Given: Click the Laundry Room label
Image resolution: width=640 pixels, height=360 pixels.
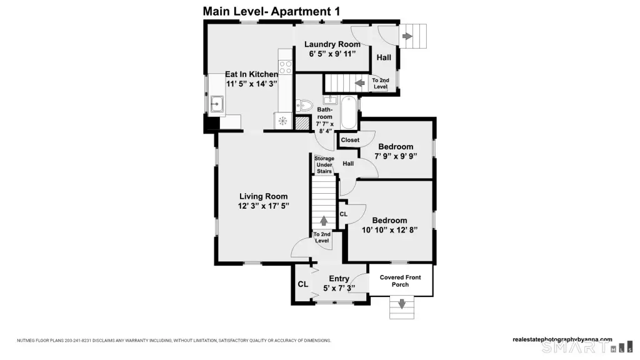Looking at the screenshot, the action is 332,44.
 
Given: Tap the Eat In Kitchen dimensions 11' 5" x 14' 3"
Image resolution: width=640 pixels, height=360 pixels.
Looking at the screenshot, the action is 252,84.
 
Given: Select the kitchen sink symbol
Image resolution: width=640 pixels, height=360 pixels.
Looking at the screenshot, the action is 217,104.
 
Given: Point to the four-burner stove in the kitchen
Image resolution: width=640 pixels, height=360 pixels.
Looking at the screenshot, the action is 286,67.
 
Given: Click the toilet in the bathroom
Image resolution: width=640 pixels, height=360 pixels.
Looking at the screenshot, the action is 304,105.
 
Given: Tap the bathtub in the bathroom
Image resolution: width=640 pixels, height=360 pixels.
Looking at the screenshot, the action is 349,112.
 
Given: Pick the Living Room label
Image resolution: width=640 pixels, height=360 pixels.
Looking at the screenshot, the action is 263,196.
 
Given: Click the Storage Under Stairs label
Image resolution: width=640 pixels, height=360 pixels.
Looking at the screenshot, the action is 324,165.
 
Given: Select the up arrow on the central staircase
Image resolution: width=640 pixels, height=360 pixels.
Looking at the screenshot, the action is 324,221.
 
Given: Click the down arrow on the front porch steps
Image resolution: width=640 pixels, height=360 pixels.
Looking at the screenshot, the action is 402,304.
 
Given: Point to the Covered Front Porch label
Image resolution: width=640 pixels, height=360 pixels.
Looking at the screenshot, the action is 401,281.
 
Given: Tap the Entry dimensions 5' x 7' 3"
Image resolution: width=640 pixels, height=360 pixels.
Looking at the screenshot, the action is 339,288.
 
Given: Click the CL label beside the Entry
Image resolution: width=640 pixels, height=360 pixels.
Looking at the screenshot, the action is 303,284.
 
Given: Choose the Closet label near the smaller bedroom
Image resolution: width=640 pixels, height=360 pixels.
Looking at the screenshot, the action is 350,140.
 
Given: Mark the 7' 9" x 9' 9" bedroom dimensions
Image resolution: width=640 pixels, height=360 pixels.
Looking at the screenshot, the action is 396,156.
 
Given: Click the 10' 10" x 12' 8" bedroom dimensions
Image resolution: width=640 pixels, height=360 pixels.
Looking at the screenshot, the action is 390,230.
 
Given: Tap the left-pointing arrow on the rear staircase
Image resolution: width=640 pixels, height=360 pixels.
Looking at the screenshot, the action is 359,83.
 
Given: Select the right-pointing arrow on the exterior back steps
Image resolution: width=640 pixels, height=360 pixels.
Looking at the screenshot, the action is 407,36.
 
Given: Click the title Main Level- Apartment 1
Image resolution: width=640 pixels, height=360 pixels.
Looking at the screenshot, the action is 271,11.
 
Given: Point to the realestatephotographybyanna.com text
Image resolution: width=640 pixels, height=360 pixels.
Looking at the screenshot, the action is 562,339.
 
